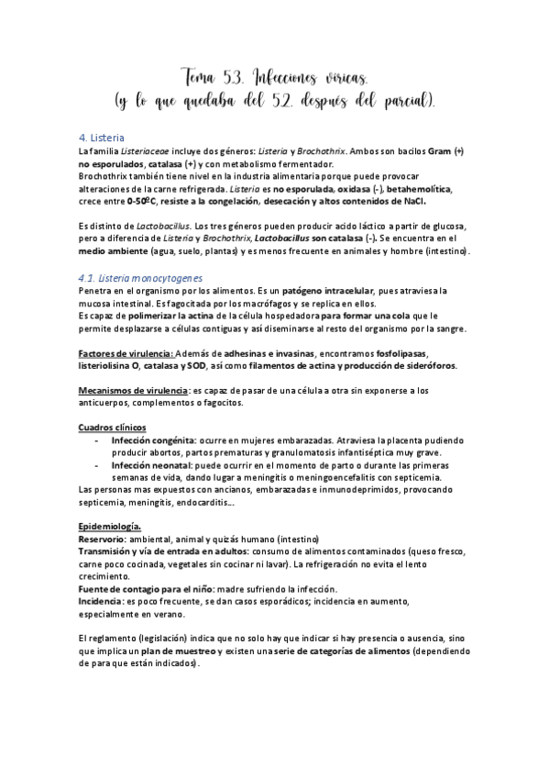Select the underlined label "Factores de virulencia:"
(123, 353)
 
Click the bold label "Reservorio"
(104, 539)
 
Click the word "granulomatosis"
(319, 452)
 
